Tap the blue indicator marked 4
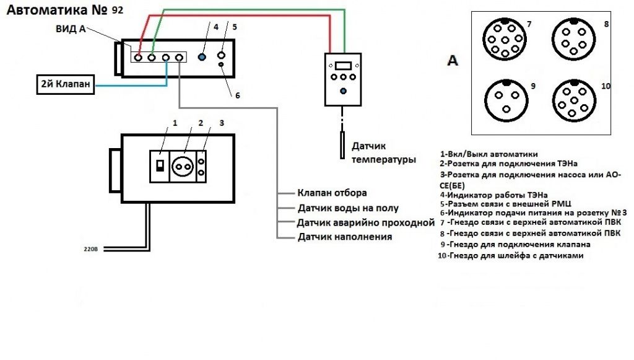(x=201, y=58)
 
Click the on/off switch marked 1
(x=159, y=165)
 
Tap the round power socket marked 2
(x=183, y=166)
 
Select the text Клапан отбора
(x=332, y=193)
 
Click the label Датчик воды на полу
(x=348, y=208)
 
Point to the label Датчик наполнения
(x=344, y=237)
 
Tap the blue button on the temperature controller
(x=344, y=91)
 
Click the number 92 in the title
(x=118, y=10)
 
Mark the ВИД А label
(x=71, y=29)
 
